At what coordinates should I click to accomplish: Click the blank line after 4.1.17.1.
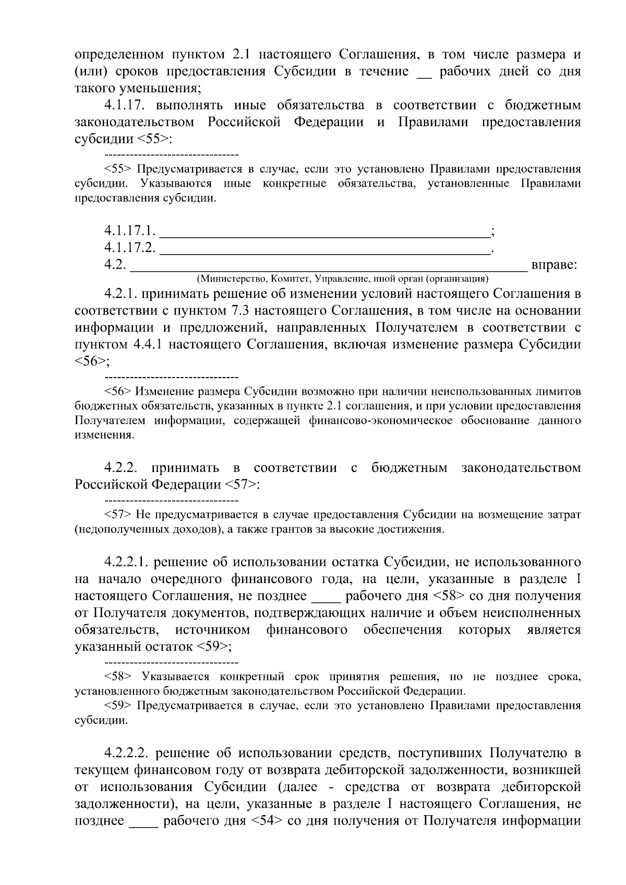click(323, 231)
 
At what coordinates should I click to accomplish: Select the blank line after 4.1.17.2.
click(323, 248)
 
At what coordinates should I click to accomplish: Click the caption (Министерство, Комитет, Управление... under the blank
click(342, 278)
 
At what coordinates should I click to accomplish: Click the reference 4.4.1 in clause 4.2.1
click(152, 345)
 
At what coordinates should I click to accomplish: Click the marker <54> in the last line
click(267, 821)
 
